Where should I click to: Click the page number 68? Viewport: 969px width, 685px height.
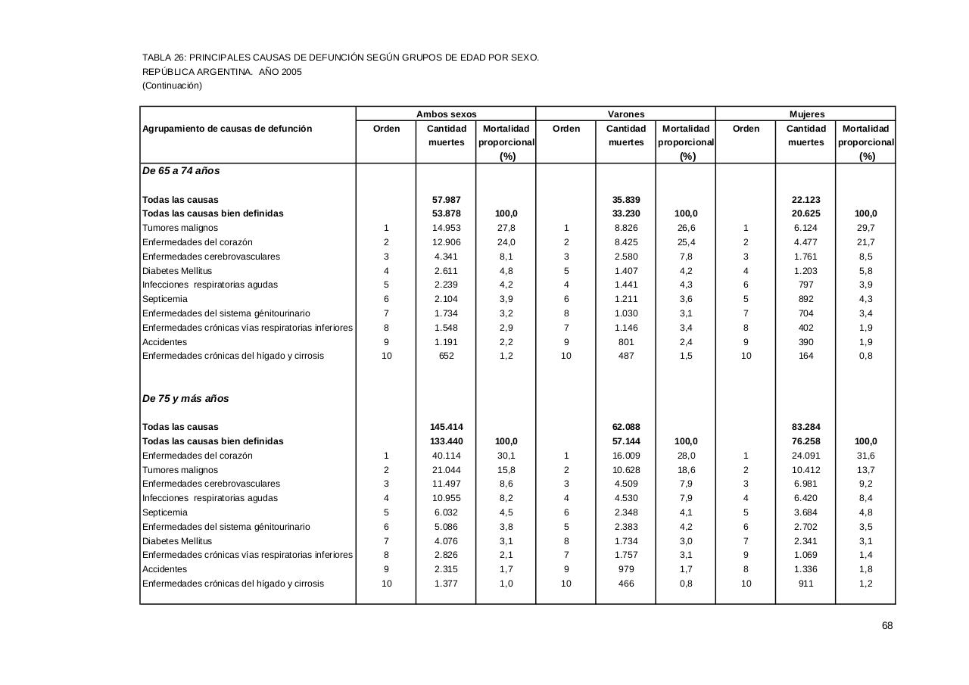click(887, 625)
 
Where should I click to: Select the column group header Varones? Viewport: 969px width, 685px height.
click(626, 114)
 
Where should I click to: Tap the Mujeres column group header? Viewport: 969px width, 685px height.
click(806, 114)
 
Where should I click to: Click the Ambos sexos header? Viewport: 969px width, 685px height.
click(446, 114)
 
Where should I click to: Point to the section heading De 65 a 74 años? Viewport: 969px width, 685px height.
click(181, 171)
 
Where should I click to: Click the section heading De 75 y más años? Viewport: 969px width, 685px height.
click(185, 399)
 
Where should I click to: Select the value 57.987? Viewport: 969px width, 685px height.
click(446, 200)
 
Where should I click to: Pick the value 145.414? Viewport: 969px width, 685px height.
click(446, 427)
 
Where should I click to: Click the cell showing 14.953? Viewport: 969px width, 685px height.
click(446, 228)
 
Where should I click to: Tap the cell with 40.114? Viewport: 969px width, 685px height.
click(446, 456)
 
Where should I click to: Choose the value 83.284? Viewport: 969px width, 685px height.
click(806, 427)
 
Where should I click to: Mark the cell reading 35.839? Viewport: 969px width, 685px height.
click(626, 200)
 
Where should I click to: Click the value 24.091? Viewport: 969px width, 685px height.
click(806, 456)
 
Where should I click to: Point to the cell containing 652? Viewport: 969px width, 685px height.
click(446, 356)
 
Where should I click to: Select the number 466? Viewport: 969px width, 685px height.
click(626, 584)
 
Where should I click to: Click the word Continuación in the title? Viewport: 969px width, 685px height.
click(173, 86)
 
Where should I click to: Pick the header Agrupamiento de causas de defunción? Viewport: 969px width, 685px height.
click(227, 129)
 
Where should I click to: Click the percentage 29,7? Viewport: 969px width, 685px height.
click(866, 228)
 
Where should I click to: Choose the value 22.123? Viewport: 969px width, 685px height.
click(806, 200)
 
